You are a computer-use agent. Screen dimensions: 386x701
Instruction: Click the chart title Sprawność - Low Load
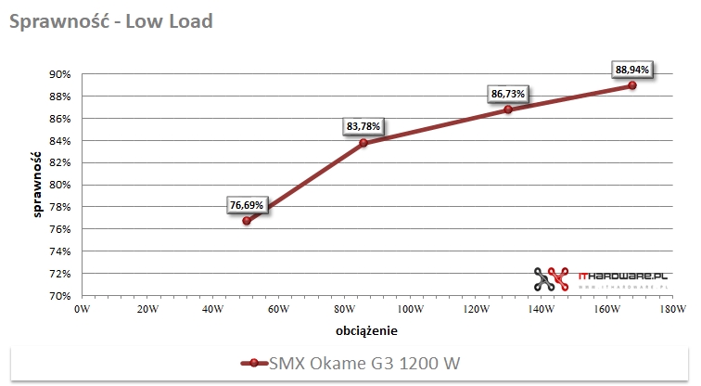(110, 21)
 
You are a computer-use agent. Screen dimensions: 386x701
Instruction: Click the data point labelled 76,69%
(247, 221)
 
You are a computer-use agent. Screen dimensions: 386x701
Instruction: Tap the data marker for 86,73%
(508, 109)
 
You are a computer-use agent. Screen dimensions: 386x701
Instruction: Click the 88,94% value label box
(632, 69)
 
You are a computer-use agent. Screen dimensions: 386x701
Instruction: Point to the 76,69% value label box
(248, 205)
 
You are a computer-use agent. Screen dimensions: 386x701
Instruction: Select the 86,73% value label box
(508, 94)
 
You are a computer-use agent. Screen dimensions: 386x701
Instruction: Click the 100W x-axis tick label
(411, 309)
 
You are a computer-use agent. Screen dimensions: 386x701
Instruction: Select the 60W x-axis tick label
(279, 309)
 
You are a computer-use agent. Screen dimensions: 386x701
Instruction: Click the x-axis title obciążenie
(368, 329)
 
